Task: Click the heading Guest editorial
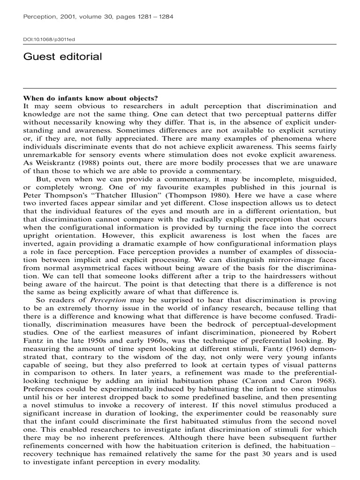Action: (x=62, y=57)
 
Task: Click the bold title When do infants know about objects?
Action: (x=90, y=98)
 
